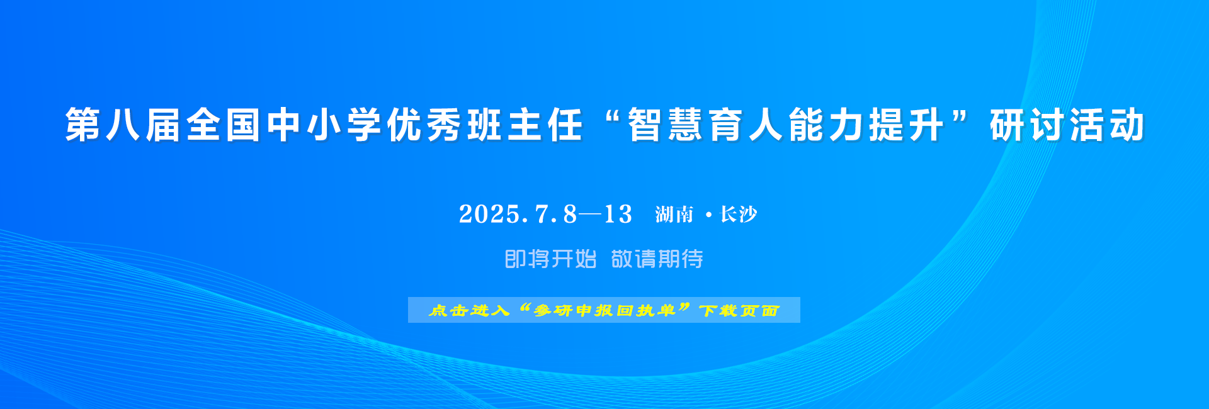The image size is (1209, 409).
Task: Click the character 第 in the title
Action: [x=83, y=125]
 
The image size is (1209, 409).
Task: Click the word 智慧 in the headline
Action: [x=666, y=125]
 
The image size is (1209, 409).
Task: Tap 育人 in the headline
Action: [x=747, y=125]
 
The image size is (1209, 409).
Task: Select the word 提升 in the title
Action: [x=907, y=125]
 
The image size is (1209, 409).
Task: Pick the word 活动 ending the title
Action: [x=1107, y=125]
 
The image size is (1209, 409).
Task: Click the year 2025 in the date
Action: [x=490, y=215]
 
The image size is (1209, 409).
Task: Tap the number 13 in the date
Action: [x=618, y=215]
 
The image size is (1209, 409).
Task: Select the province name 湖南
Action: [x=674, y=215]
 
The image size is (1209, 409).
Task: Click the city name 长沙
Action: [x=739, y=215]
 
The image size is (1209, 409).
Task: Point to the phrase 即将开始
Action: [x=551, y=259]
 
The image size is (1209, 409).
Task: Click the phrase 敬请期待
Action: [x=657, y=259]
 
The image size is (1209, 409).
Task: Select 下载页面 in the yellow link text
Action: [x=739, y=310]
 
